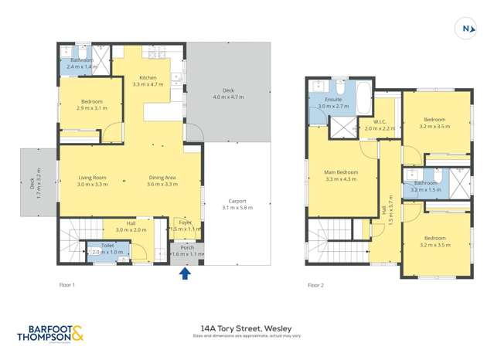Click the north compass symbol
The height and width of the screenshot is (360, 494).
[466, 29]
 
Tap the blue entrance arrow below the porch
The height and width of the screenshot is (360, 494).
[184, 271]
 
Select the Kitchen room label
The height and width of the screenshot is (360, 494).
[147, 78]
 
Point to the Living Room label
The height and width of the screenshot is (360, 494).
[91, 178]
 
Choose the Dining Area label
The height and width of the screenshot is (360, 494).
[163, 178]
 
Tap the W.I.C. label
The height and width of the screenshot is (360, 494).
[379, 121]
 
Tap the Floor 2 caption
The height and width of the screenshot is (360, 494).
[315, 285]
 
